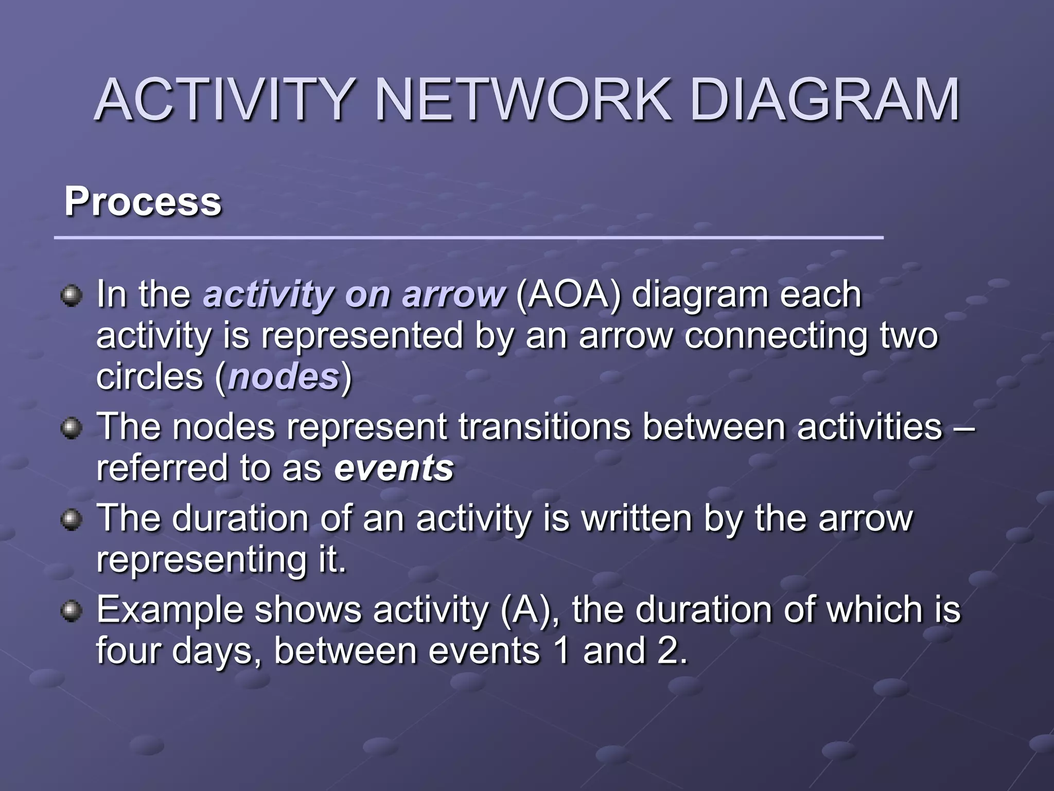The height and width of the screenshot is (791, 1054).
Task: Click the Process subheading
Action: (143, 201)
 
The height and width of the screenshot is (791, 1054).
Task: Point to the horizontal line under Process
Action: (468, 238)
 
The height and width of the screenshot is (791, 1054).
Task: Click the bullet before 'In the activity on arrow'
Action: (71, 297)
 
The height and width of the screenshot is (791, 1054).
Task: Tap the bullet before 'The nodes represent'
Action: (71, 428)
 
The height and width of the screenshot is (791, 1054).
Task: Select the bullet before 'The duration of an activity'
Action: (71, 520)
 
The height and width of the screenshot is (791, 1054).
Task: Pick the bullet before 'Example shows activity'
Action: (71, 611)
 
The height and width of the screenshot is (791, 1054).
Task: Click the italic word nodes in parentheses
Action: (284, 377)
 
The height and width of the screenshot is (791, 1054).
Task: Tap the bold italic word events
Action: (394, 468)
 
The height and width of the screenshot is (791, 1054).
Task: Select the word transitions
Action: (544, 427)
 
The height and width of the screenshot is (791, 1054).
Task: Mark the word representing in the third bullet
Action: (201, 560)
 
